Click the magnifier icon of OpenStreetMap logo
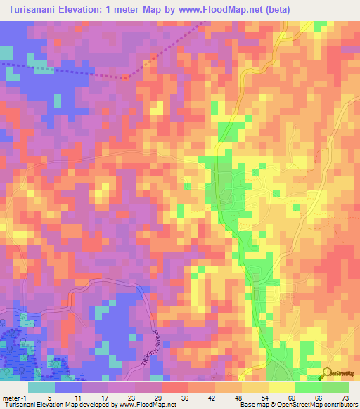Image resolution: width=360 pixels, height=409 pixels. (327, 374)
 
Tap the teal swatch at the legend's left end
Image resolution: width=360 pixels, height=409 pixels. (41, 387)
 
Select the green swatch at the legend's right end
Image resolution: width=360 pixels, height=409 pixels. (335, 387)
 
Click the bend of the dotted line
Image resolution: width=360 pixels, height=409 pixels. (124, 78)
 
